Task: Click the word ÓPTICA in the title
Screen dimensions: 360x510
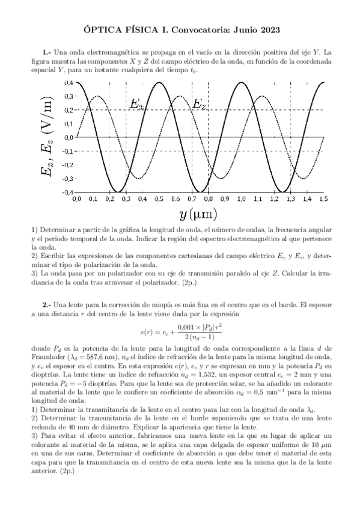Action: click(x=100, y=28)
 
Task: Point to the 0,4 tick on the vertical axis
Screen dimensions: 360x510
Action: click(x=69, y=82)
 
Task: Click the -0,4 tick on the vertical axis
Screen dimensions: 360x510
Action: click(x=68, y=192)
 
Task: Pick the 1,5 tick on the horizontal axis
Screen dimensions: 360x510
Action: click(x=323, y=198)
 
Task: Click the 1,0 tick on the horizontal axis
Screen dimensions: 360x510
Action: click(x=241, y=198)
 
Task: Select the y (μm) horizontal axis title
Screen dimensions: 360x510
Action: click(x=198, y=214)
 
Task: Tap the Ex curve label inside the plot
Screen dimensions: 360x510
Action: click(x=137, y=103)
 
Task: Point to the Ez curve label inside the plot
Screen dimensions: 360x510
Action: click(x=200, y=103)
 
